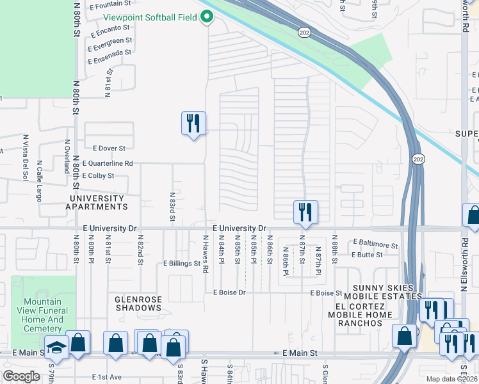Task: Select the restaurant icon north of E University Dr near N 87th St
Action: click(x=305, y=212)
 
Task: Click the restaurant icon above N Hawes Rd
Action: click(x=193, y=122)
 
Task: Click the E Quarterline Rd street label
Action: click(x=107, y=164)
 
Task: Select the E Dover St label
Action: click(x=109, y=148)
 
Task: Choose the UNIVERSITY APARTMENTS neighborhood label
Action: click(x=97, y=203)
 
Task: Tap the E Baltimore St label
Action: click(x=376, y=244)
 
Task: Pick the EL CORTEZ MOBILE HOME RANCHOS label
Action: click(x=359, y=319)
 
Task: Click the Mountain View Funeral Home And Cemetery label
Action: click(x=43, y=315)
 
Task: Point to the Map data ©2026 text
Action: click(x=450, y=379)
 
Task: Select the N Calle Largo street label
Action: click(x=39, y=180)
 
